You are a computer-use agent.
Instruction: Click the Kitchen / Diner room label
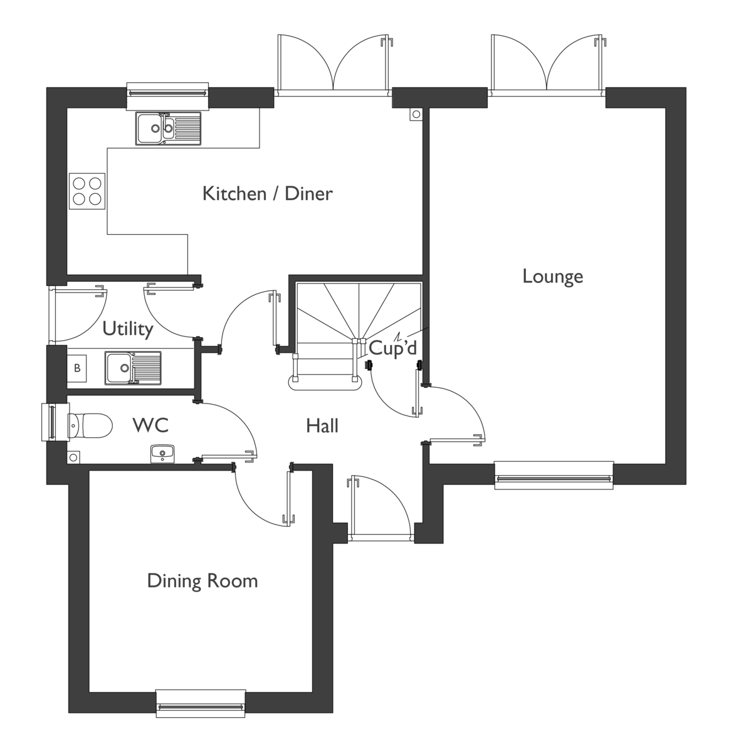coord(267,193)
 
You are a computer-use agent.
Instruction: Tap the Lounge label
coord(552,276)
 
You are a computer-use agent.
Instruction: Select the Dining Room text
coord(202,580)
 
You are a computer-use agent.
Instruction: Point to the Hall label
coord(322,426)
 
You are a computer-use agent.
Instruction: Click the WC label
coord(150,425)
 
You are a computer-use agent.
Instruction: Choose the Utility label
coord(128,329)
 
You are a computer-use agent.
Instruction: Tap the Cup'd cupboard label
coord(392,348)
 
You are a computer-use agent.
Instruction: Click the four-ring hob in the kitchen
coord(87,191)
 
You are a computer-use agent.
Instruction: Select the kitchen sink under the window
coord(168,128)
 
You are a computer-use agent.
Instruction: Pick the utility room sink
coord(132,368)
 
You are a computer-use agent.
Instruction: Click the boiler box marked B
coord(78,368)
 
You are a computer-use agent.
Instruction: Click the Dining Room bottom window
coord(200,703)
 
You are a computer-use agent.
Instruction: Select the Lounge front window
coord(553,476)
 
